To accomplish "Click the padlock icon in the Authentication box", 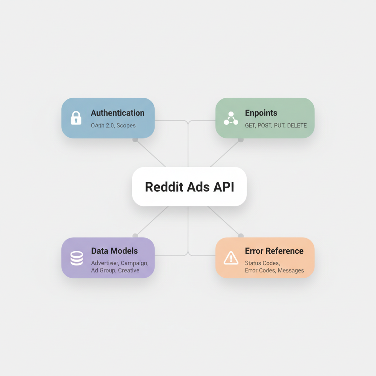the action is pos(76,118).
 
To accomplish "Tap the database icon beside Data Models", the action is pos(76,258).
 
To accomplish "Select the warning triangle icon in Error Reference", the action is pos(231,258).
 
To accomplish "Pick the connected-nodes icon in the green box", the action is pos(231,118).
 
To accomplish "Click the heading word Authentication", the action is pos(117,113).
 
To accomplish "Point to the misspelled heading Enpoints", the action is pos(261,113).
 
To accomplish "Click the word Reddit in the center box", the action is pos(163,187).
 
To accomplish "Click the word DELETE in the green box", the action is pos(297,126).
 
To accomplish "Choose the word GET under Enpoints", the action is pos(250,126).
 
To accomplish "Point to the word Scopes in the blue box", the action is pos(126,126).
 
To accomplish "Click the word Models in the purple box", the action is pos(124,251).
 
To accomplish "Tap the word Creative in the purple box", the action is pos(129,270).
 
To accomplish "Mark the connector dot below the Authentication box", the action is pos(135,140).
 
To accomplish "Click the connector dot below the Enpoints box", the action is pos(241,140).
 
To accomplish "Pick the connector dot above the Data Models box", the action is pos(135,236).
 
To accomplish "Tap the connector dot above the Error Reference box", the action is pos(241,236).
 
